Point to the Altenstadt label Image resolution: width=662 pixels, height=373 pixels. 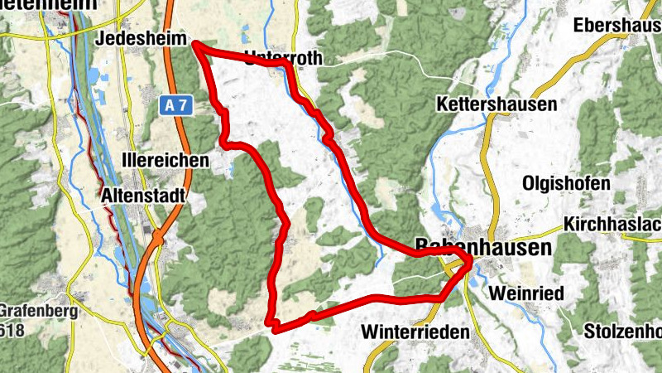[x=142, y=196]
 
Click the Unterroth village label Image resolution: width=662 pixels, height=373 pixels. [x=282, y=58]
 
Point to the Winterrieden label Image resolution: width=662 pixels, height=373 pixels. [x=415, y=332]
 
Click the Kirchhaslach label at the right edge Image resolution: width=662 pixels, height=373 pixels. [x=612, y=225]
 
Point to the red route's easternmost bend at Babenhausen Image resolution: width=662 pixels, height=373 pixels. [x=469, y=262]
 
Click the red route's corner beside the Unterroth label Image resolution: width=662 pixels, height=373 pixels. [x=286, y=64]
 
